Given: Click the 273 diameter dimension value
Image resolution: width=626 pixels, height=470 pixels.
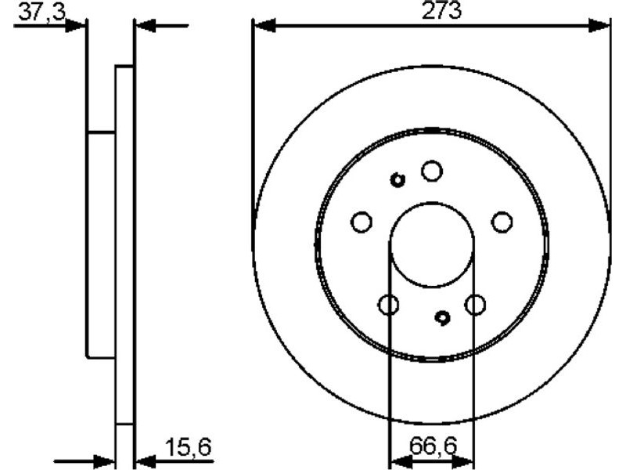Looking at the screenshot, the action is click(x=441, y=10).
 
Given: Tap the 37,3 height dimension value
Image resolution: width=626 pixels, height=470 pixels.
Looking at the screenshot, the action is click(x=42, y=13).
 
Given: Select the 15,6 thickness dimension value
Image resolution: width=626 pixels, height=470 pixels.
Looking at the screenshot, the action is click(x=188, y=446).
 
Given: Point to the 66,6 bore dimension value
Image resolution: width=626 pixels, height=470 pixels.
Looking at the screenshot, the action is click(x=433, y=446).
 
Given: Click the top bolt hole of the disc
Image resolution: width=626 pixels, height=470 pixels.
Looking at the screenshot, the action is click(x=432, y=171).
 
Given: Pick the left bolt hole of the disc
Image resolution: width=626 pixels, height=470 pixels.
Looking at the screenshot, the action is click(x=362, y=222).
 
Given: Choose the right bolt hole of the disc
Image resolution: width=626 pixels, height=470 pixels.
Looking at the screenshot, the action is click(x=502, y=222).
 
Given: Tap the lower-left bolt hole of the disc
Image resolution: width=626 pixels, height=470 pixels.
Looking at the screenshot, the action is click(x=388, y=305).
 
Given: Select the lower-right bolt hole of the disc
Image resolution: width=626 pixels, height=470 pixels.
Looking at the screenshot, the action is click(x=475, y=305).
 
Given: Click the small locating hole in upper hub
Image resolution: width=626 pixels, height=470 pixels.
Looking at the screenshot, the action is click(x=398, y=180).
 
